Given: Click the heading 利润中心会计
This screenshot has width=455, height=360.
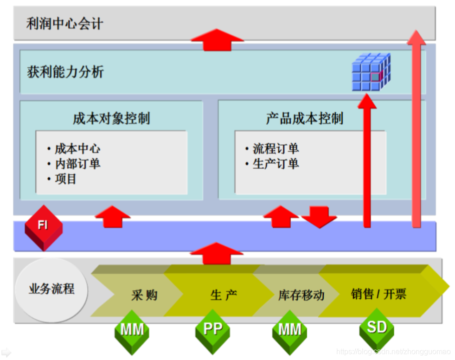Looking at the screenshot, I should click(64, 24).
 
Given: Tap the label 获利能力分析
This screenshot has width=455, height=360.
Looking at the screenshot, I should click(65, 72).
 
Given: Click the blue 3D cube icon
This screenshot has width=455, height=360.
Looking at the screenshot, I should click(371, 72).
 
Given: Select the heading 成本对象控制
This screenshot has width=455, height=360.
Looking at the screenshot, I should click(111, 118).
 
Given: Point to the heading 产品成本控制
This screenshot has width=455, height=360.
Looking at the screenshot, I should click(304, 118).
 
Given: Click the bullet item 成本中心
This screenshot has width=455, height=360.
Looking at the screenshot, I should click(77, 149).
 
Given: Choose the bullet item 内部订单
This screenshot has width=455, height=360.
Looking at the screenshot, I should click(77, 164).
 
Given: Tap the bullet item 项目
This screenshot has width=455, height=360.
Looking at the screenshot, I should click(65, 179).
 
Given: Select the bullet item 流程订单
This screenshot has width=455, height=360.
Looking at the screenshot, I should click(276, 149).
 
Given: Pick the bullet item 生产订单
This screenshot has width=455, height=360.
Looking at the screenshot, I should click(276, 164).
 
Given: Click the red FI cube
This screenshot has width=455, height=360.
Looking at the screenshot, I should click(43, 227).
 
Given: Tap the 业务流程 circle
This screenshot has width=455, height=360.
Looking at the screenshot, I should click(51, 289).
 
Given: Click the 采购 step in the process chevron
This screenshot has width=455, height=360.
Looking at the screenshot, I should click(144, 295).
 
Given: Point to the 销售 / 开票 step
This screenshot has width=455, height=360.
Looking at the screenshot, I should click(378, 294).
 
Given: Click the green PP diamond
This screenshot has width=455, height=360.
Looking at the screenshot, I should click(213, 330).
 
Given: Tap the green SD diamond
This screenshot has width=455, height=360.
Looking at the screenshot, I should click(377, 328).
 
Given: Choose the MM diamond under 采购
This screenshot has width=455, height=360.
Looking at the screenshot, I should click(132, 331).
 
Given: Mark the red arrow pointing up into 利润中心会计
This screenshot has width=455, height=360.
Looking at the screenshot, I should click(217, 39).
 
